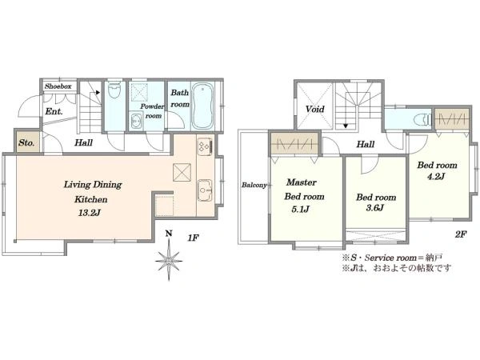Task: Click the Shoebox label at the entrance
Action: point(58,86)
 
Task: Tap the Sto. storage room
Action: point(27,142)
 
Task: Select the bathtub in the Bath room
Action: point(202,106)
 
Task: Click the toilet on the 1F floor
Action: point(114,90)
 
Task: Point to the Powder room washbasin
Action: point(136,121)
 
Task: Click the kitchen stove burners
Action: point(205,146)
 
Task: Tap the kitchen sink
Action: point(205,190)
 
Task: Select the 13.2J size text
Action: point(89,213)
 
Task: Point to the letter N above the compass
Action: point(169,234)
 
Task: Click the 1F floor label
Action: point(193,238)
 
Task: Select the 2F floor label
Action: point(461,234)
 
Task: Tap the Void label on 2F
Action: point(315,109)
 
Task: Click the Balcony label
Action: point(254,186)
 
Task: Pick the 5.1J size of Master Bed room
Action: point(300,210)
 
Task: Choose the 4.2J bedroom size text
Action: point(434,177)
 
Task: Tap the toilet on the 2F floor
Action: point(422,120)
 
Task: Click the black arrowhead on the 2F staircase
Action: point(346,126)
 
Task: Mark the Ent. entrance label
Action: point(54,111)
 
